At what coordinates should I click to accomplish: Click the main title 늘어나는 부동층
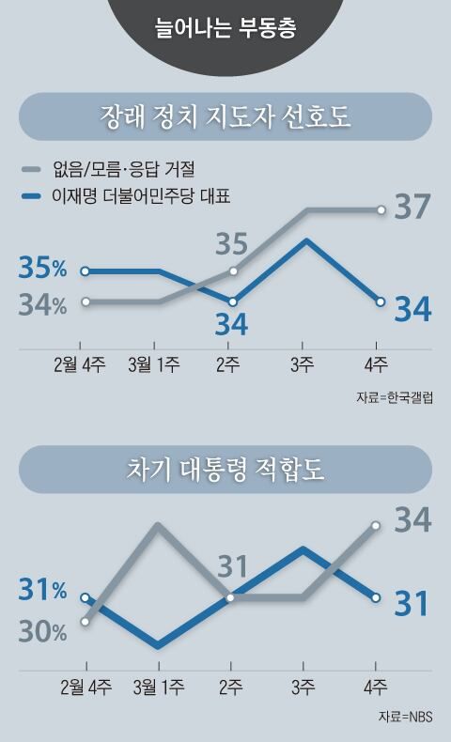225,27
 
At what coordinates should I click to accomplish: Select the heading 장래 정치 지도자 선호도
225,116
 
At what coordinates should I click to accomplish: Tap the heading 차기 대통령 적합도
225,470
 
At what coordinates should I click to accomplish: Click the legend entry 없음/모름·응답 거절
123,168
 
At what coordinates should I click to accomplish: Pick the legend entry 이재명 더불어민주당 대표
141,195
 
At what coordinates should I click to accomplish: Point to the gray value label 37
412,207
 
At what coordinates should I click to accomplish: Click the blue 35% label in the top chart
42,268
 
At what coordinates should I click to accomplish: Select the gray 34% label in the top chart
42,305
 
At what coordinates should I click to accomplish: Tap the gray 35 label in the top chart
232,243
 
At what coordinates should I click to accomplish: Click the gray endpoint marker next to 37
381,209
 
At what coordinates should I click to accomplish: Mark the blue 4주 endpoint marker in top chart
381,301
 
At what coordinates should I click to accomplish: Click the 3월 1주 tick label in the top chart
154,364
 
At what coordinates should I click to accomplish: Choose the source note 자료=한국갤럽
395,397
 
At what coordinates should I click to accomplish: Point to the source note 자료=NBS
406,717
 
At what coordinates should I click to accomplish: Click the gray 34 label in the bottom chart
412,519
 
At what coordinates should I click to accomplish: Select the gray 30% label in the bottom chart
42,631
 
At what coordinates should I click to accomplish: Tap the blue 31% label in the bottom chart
42,590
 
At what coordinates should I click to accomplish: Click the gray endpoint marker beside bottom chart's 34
376,526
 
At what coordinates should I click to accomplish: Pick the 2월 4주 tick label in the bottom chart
86,688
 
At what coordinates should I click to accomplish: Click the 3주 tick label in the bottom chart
303,688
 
